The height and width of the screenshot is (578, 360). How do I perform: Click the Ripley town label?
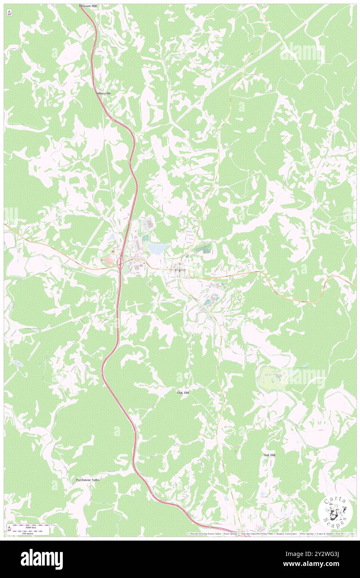click(x=181, y=270)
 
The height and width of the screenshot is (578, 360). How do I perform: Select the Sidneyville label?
click(x=103, y=94)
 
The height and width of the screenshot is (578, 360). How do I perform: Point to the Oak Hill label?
click(x=183, y=392)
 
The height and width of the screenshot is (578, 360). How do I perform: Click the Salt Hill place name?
click(x=269, y=455)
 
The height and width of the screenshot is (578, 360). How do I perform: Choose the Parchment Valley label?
click(x=88, y=480)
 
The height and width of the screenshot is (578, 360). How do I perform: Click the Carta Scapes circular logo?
click(x=334, y=512)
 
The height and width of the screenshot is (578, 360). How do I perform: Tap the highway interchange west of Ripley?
click(x=120, y=262)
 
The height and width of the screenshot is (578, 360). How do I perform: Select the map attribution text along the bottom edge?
click(x=270, y=534)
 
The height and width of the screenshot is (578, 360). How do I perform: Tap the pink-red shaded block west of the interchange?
click(x=108, y=260)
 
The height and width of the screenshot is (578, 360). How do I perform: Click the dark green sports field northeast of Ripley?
click(x=203, y=249)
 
